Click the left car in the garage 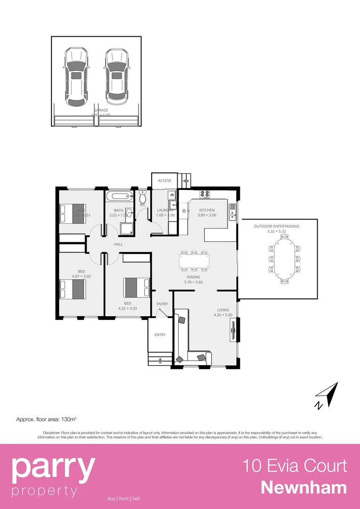pos(76,76)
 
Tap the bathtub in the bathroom pos(119,197)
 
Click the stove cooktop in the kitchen pos(205,193)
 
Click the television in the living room pos(233,330)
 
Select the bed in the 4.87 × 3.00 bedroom pos(72,289)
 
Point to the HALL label pos(118,244)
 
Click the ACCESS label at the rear pos(164,181)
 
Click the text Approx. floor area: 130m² pos(47,419)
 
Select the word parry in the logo pos(53,467)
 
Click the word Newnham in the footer pos(303,487)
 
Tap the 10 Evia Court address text pos(295,466)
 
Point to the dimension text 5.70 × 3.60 pos(193,282)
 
